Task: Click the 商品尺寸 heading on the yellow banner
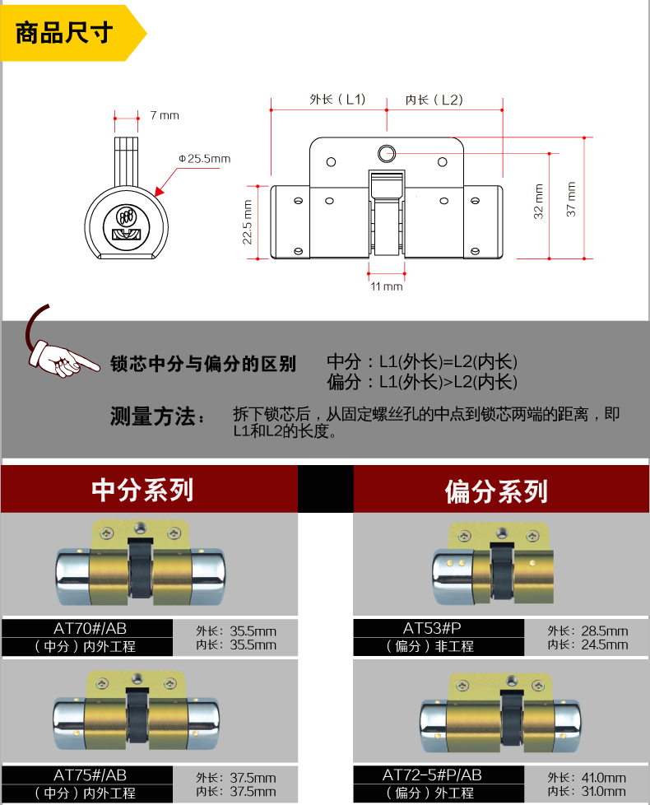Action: click(65, 35)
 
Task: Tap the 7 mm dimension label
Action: click(164, 115)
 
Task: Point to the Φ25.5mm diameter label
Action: click(204, 158)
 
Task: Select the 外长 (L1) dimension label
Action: click(337, 100)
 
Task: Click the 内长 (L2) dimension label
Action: click(434, 100)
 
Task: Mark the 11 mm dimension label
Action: click(386, 286)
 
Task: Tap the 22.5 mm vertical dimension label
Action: click(247, 222)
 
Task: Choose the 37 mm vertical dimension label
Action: click(571, 198)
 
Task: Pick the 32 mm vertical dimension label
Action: click(539, 201)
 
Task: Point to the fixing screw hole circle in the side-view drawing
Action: click(386, 152)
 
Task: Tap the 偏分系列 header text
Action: click(496, 491)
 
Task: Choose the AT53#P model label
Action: click(439, 628)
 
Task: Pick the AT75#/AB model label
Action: click(91, 775)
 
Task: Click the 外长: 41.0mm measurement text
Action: click(587, 777)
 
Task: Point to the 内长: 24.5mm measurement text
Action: click(587, 644)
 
